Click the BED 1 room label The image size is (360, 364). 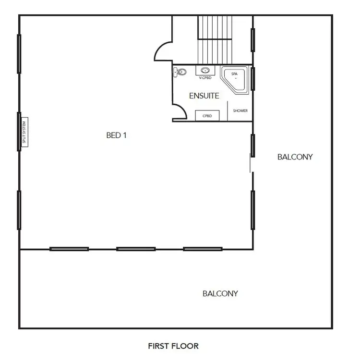(x=116, y=135)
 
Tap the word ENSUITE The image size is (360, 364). (x=204, y=96)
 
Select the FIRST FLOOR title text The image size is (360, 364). (x=173, y=346)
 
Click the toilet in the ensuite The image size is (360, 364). (x=180, y=72)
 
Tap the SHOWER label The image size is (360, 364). (x=240, y=111)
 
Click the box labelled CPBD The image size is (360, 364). (x=207, y=116)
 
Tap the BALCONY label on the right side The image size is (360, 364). (x=295, y=157)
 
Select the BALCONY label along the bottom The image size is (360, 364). (x=220, y=294)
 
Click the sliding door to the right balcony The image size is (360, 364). (x=251, y=163)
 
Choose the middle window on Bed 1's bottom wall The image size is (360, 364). (x=136, y=249)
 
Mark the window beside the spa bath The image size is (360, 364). (x=253, y=79)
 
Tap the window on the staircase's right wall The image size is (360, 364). (x=253, y=39)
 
